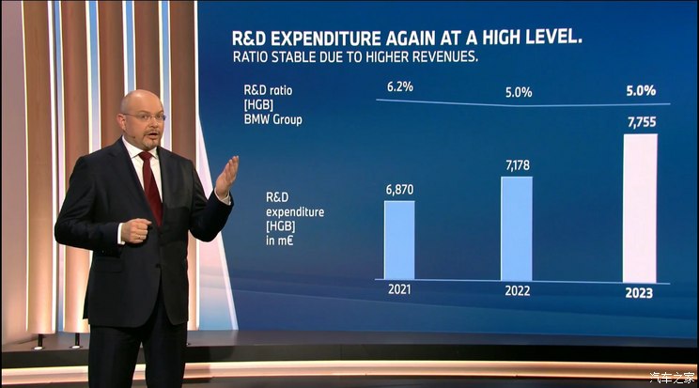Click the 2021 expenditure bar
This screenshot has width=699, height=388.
coord(398,240)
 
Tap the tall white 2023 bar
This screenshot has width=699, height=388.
coord(639,208)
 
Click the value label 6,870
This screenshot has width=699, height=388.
coord(398,190)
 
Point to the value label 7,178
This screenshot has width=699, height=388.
coord(517,165)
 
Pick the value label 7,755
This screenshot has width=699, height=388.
coord(639,123)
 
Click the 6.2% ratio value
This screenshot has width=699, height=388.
coord(400,86)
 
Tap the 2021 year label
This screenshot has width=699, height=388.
coord(399,290)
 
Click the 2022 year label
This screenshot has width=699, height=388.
coord(517,290)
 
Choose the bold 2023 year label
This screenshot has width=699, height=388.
coord(639,293)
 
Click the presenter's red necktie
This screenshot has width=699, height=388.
coord(150,188)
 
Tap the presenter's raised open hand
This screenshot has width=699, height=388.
coord(225,178)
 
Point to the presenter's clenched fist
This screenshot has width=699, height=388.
coord(135,230)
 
